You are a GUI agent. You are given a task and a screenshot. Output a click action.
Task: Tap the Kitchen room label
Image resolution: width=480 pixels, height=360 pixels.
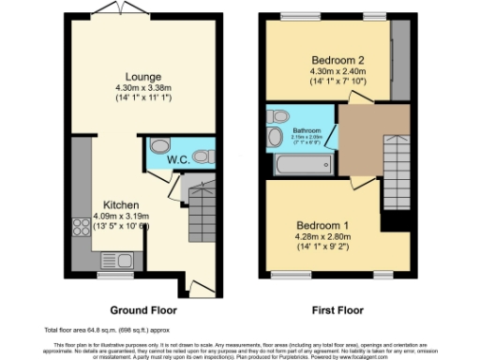pyautogui.click(x=122, y=204)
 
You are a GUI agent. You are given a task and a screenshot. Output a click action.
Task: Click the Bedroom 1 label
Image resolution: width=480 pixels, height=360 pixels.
pyautogui.click(x=322, y=225)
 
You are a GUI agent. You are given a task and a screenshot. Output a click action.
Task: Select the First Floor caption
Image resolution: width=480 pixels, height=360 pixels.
pyautogui.click(x=337, y=308)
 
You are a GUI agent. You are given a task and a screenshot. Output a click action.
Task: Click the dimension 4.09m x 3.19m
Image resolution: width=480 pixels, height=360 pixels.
pyautogui.click(x=123, y=216)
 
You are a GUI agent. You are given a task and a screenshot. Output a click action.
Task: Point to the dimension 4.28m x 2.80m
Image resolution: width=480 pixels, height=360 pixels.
pyautogui.click(x=322, y=237)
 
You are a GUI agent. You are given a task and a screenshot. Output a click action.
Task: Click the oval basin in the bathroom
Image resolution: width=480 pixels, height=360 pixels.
pyautogui.click(x=275, y=139)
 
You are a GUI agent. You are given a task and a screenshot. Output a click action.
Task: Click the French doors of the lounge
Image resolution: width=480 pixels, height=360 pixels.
pyautogui.click(x=120, y=11)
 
